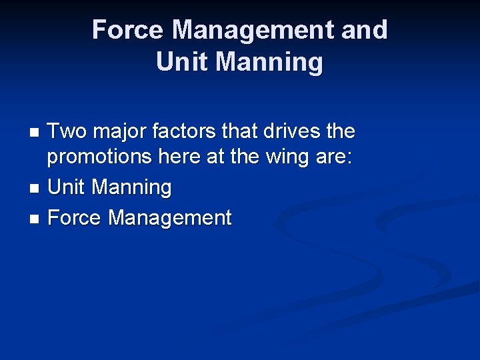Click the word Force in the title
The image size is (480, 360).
tap(126, 30)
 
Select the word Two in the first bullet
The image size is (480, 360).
tap(68, 131)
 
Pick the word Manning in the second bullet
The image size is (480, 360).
tap(131, 187)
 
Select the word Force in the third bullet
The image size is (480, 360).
tap(75, 217)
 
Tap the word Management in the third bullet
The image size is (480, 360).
tap(170, 217)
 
